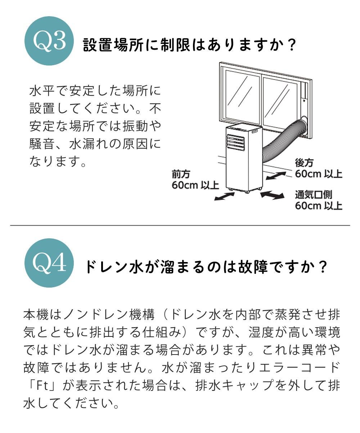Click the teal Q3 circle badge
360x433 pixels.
pyautogui.click(x=49, y=41)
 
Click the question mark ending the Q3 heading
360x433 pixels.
pyautogui.click(x=292, y=45)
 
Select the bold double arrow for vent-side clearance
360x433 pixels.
pyautogui.click(x=271, y=195)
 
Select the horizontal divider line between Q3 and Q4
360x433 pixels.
pyautogui.click(x=180, y=225)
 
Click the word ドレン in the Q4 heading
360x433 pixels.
pyautogui.click(x=109, y=267)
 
